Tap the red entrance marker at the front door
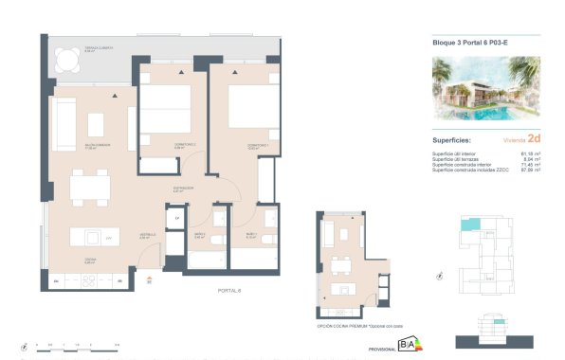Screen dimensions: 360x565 [x=149, y=279]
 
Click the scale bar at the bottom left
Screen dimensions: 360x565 [x=76, y=346]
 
